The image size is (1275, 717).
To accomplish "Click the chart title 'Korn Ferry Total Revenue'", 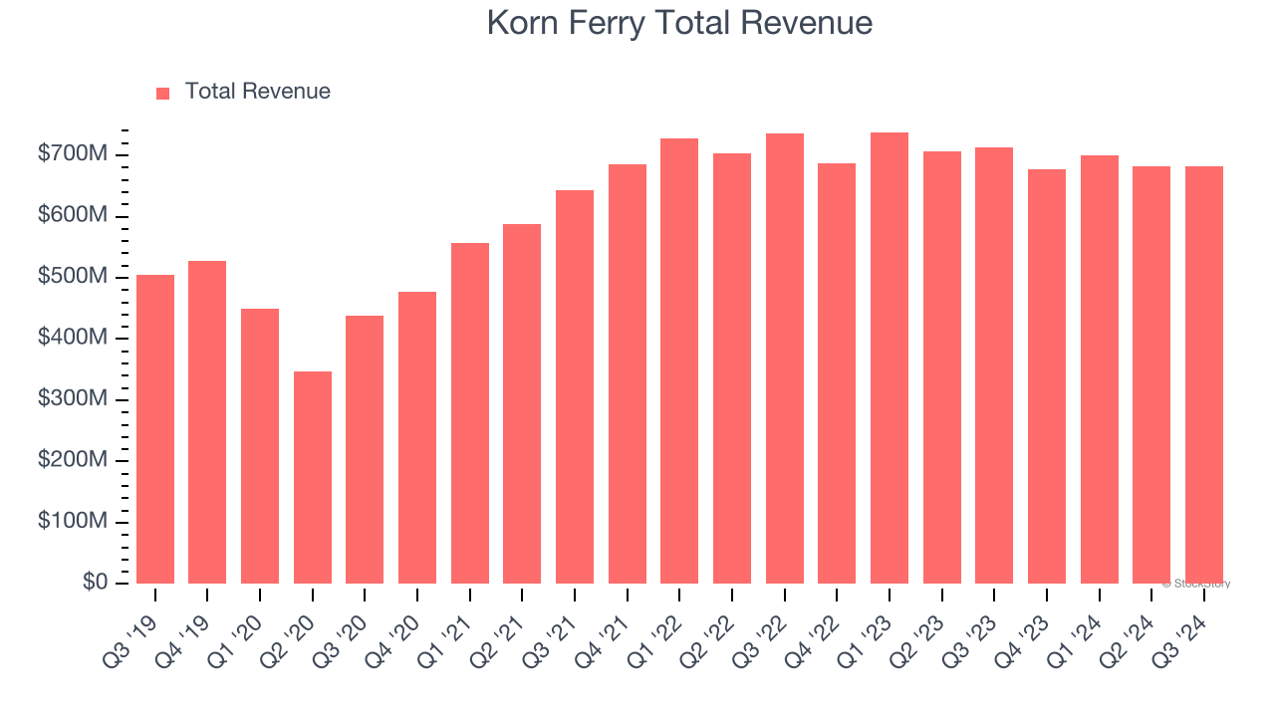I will coord(679,23).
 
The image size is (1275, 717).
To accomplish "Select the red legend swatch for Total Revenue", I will coord(163,93).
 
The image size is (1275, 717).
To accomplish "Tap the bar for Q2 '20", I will coord(312,477).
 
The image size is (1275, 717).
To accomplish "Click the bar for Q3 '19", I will coord(155,429).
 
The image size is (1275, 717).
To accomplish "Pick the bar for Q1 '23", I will coord(889,358).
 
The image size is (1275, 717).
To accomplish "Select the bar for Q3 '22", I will coord(784,358).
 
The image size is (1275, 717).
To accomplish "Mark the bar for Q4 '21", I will coord(627,373).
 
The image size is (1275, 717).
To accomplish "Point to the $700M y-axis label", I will coord(73,154).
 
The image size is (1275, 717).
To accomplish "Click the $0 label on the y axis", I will coord(95,583).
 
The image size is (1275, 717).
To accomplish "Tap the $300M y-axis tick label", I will coord(73,399).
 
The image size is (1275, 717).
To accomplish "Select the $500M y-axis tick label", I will coord(73,277).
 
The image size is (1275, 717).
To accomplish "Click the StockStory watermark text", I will coord(1196,584).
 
